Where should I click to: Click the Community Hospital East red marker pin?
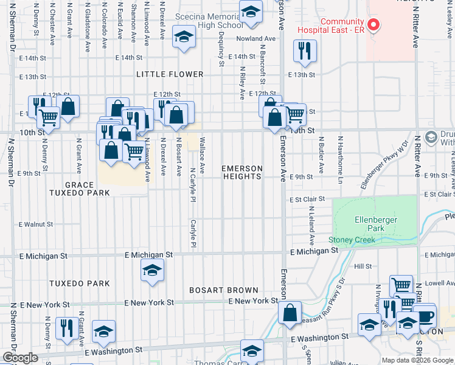pyautogui.click(x=375, y=25)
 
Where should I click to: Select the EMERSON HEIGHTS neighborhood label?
pyautogui.click(x=241, y=172)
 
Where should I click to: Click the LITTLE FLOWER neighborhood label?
pyautogui.click(x=170, y=74)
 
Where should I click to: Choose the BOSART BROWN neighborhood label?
pyautogui.click(x=223, y=290)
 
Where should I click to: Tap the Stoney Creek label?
pyautogui.click(x=349, y=240)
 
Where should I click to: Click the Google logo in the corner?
pyautogui.click(x=21, y=358)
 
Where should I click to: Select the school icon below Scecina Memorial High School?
pyautogui.click(x=182, y=37)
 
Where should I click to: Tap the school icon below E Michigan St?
pyautogui.click(x=151, y=271)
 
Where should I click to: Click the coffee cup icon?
pyautogui.click(x=425, y=316)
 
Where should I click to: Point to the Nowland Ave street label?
pyautogui.click(x=256, y=38)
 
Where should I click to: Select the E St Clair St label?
pyautogui.click(x=307, y=199)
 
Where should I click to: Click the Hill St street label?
pyautogui.click(x=363, y=266)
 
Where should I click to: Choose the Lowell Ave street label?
pyautogui.click(x=436, y=283)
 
